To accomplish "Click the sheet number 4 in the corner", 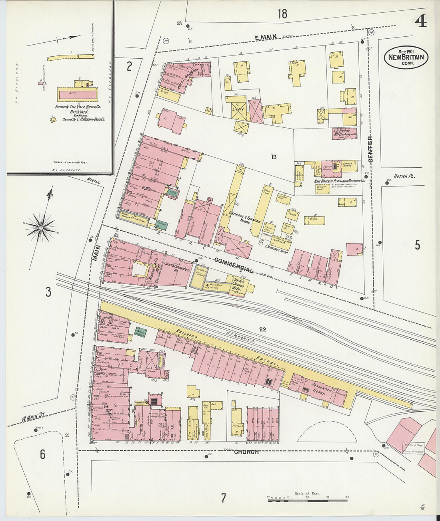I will [420, 21].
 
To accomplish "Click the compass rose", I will [40, 228].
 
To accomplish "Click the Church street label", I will [246, 452].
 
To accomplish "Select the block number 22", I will [262, 329].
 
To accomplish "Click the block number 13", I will [273, 157].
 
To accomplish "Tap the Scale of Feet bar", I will [307, 500].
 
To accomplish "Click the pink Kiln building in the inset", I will [78, 94].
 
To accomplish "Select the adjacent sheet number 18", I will [282, 14].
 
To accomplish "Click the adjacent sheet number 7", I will [224, 498].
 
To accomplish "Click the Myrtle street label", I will [93, 180].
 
